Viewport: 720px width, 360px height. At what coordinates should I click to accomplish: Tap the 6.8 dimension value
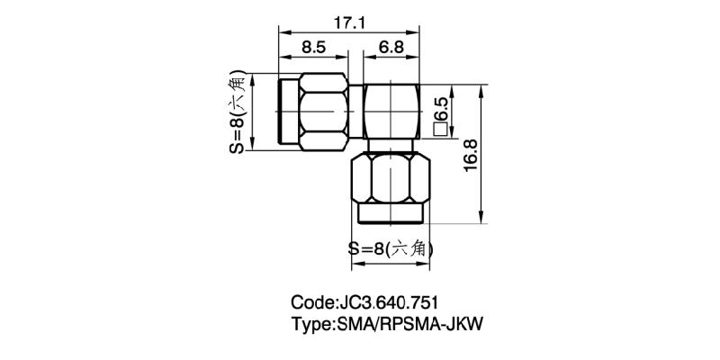390,46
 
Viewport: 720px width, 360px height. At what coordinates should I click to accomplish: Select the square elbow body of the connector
390,112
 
